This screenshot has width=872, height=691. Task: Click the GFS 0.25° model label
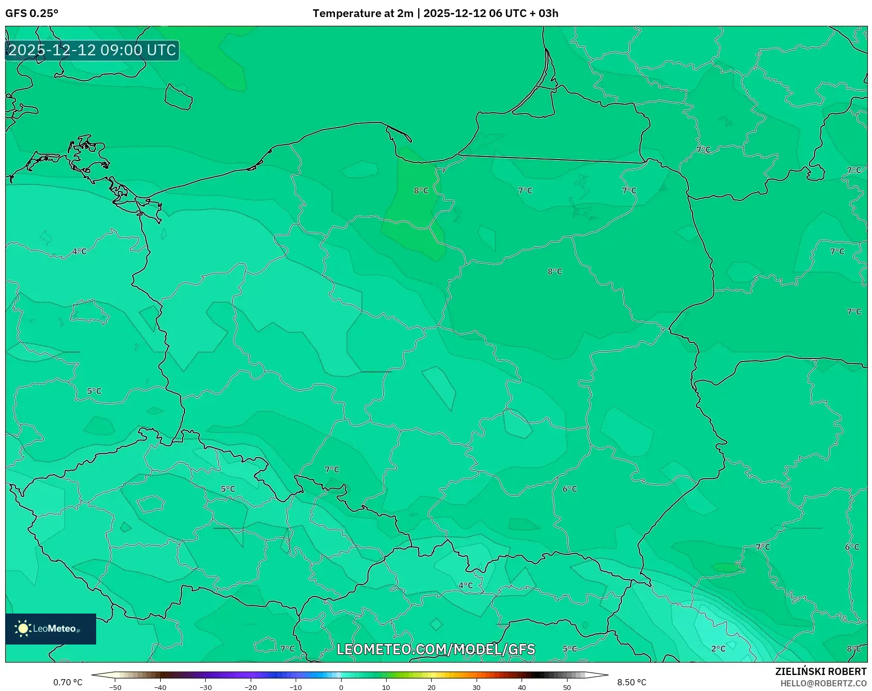[32, 13]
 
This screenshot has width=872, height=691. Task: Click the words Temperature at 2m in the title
[363, 13]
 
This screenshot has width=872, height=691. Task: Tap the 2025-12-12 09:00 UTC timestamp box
[92, 50]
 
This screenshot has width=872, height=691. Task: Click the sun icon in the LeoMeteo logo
[23, 628]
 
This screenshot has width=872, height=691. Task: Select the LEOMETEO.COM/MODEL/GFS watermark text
[436, 649]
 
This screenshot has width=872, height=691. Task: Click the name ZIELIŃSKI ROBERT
[820, 671]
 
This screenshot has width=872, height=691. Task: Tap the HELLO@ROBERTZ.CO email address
[823, 683]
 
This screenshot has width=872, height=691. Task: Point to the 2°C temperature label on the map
[718, 649]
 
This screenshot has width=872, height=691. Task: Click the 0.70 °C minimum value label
[68, 682]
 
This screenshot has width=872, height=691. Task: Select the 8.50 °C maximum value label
[632, 682]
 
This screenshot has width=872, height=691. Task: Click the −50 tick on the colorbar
[115, 687]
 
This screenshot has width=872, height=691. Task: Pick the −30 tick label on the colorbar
[206, 687]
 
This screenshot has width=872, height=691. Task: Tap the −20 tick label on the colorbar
[251, 687]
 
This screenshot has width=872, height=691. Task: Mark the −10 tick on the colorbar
[296, 687]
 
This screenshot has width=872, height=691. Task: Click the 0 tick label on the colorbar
[341, 687]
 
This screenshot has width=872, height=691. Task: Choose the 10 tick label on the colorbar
[386, 687]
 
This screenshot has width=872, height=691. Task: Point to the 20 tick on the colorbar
[432, 687]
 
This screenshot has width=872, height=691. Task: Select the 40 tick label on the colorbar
[522, 687]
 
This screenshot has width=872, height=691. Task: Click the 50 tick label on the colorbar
[567, 687]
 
